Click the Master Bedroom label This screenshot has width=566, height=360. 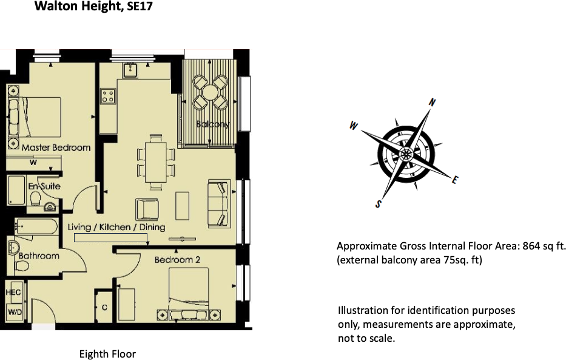click(56, 148)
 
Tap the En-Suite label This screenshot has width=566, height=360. click(44, 186)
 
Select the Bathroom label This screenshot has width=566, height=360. click(39, 256)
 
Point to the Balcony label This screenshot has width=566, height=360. click(213, 124)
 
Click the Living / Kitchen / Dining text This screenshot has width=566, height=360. click(116, 227)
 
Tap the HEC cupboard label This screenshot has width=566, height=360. click(13, 292)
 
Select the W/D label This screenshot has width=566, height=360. click(13, 312)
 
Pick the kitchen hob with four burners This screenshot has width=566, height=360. click(108, 96)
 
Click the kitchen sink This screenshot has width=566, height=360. click(130, 70)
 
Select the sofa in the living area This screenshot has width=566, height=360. click(219, 203)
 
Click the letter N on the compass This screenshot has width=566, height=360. click(432, 103)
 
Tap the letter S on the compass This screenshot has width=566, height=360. click(379, 204)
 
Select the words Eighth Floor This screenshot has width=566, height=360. click(107, 354)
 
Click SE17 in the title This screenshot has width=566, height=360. click(140, 8)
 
